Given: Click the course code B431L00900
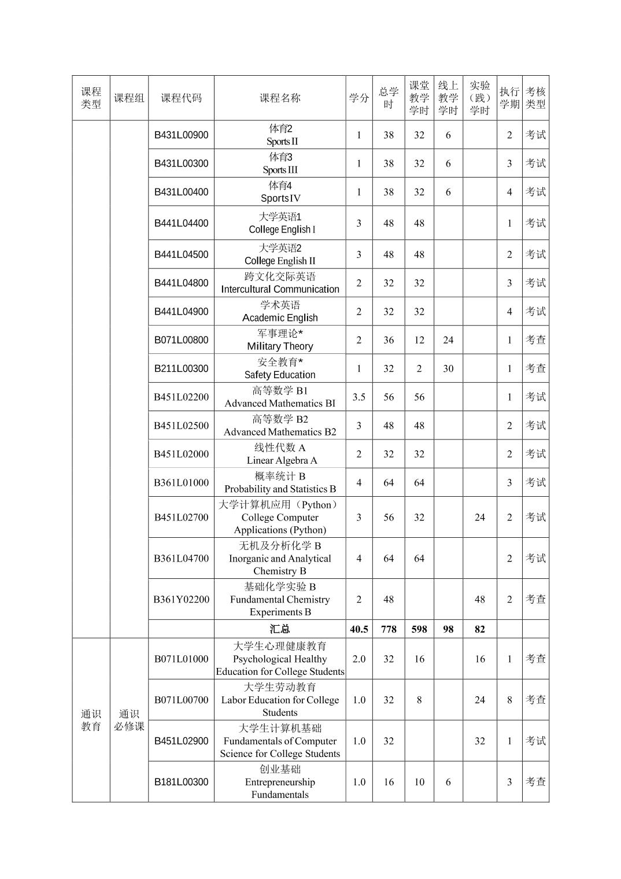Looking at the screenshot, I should point(181,135).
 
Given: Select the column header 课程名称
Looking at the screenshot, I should point(280,98).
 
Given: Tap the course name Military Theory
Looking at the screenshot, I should point(280,346).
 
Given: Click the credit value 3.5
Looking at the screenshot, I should point(358,397).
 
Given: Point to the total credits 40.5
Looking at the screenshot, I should point(358,629).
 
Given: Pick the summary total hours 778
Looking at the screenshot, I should point(389,629).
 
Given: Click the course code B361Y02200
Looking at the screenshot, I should point(181,600).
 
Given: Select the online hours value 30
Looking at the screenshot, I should point(448,368).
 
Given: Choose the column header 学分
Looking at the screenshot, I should point(358,98).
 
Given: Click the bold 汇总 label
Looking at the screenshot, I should point(280,629).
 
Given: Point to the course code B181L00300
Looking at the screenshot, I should point(181,782).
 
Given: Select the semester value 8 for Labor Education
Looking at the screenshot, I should point(509,700).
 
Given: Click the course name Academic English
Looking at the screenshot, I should point(280,317).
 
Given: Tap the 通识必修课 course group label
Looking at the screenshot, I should point(129,720).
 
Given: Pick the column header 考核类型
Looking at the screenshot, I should point(535,98).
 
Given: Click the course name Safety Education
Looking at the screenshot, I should point(280,375).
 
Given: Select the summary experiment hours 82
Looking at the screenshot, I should point(480,629).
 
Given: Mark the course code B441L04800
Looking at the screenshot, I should point(181,283).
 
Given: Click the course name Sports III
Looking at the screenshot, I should point(280,170).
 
